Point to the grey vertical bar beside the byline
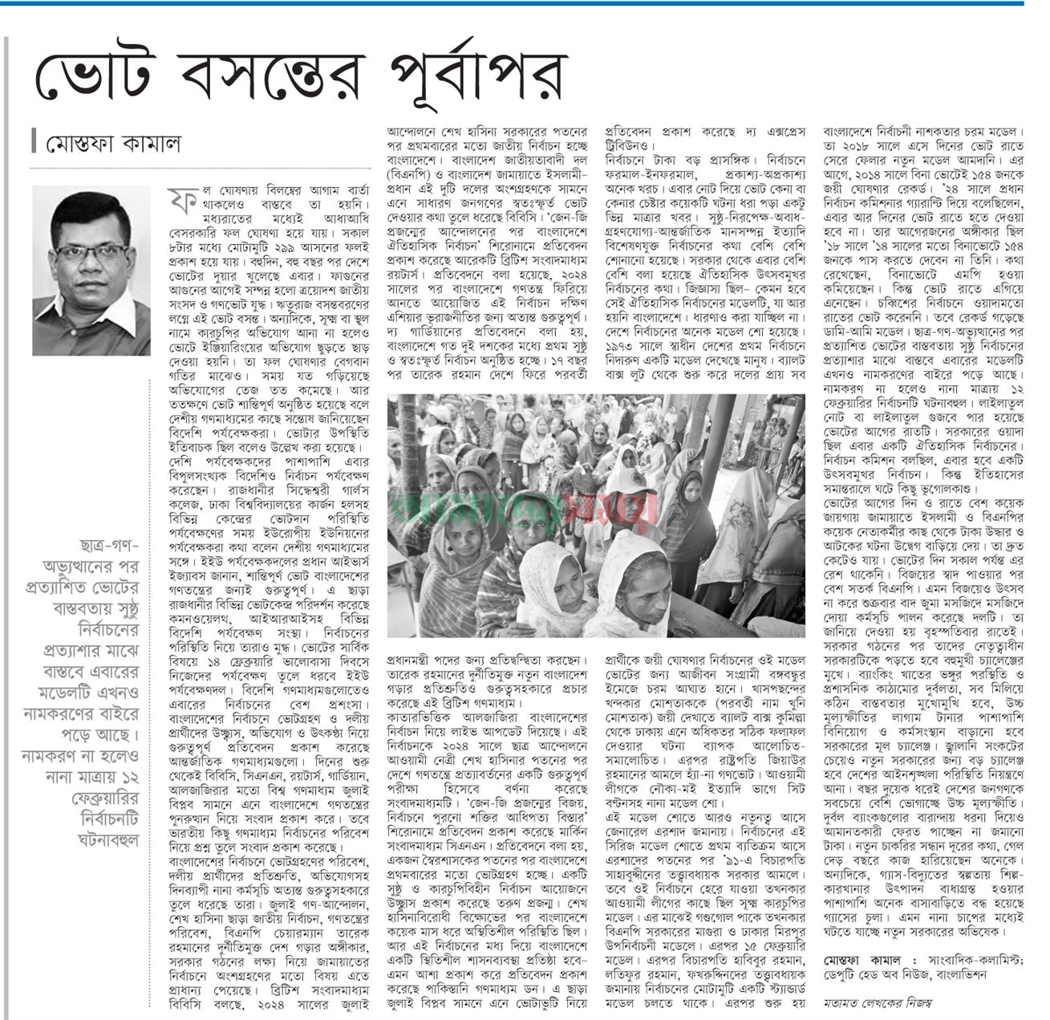[34, 141]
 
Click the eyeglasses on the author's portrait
[90, 251]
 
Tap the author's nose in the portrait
[91, 262]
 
